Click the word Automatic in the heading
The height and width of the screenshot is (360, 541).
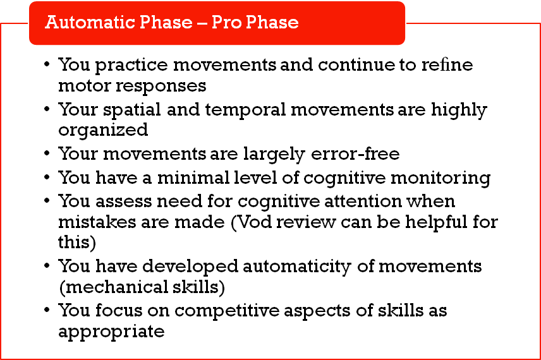90,22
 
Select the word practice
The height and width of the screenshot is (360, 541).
131,66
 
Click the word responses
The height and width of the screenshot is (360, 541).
161,87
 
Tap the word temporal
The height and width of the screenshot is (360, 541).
246,111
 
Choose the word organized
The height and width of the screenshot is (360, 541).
103,131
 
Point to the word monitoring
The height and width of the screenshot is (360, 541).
441,179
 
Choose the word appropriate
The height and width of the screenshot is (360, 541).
111,332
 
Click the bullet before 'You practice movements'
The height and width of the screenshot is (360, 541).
47,64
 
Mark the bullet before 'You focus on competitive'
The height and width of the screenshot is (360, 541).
47,309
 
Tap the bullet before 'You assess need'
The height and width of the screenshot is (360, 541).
47,200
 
